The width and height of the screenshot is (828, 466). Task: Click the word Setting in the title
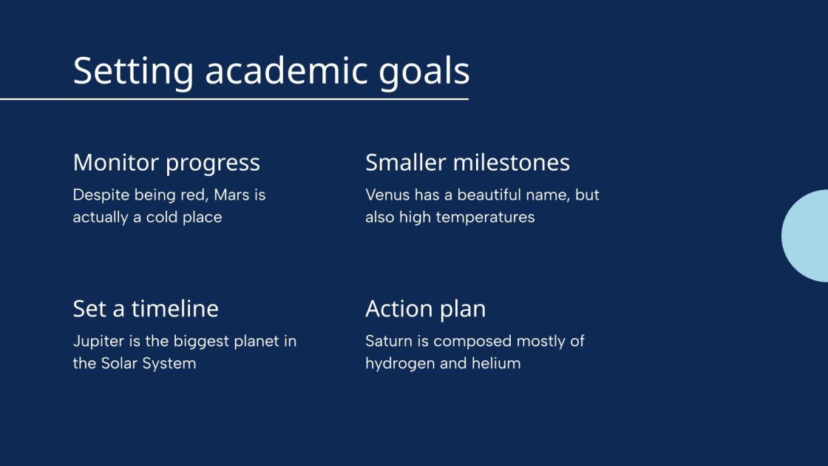pos(133,72)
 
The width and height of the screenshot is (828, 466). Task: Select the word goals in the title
pos(425,72)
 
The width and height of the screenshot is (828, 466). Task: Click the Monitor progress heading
pos(166,163)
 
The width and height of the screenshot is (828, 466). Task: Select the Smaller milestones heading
pos(467,163)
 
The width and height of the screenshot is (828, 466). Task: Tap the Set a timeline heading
pos(146,308)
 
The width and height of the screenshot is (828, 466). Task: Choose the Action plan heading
pos(425,308)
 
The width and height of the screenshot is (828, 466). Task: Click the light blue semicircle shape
pos(807,236)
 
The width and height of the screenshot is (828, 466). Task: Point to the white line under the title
pos(234,98)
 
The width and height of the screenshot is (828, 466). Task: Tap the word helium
pos(498,364)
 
